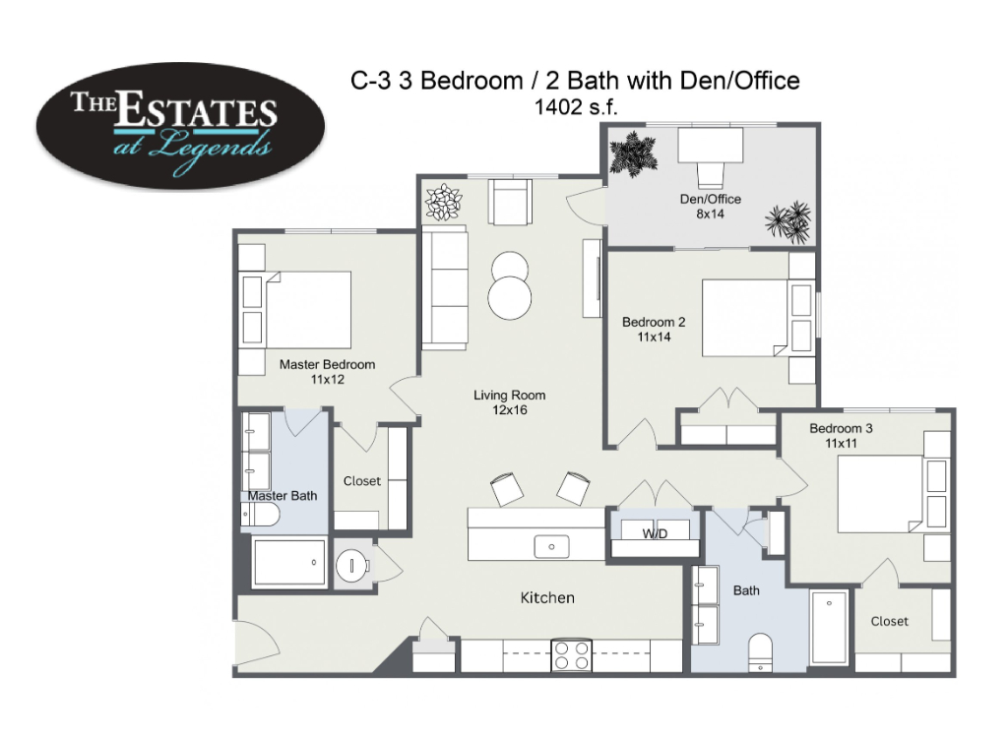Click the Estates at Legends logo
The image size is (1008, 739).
(x=180, y=125)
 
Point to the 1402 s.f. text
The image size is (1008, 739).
(x=575, y=106)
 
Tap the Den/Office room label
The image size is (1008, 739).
(x=711, y=207)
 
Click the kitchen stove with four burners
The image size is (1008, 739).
(x=572, y=655)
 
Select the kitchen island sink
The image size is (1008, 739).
(x=551, y=547)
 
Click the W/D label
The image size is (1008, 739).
(x=655, y=533)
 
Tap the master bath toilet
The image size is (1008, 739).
(x=260, y=514)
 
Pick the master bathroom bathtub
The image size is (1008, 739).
(x=289, y=563)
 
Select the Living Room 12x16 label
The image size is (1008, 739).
(x=510, y=402)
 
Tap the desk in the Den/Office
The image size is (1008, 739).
(x=711, y=146)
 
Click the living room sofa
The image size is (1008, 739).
(x=444, y=287)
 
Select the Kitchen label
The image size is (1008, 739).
(x=547, y=597)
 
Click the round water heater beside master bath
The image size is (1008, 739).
(x=352, y=566)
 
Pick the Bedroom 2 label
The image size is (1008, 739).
(x=654, y=329)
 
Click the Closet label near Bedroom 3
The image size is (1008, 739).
(x=890, y=621)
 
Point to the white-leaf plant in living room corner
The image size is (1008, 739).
(x=443, y=202)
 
